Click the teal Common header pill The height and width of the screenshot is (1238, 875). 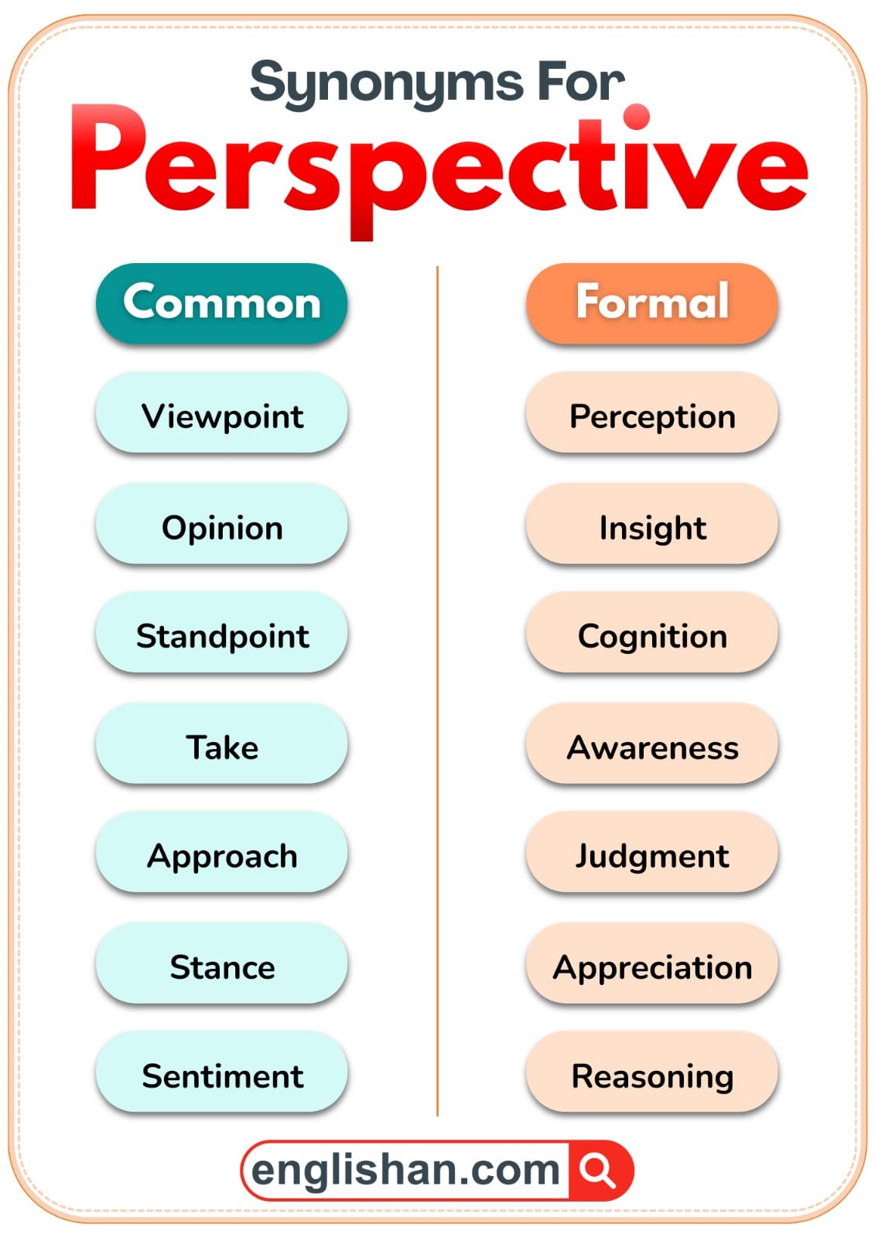[x=221, y=303]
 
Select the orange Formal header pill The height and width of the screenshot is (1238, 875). [x=651, y=303]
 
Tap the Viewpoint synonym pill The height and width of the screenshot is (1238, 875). [x=221, y=416]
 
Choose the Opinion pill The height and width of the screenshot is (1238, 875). [x=221, y=527]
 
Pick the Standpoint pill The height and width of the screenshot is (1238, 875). [x=221, y=635]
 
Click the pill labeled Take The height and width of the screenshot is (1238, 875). [x=221, y=747]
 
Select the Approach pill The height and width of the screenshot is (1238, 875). [x=221, y=855]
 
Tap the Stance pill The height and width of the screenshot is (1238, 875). [x=221, y=966]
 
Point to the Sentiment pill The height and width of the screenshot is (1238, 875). [x=221, y=1075]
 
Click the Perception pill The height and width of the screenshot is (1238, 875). [x=651, y=416]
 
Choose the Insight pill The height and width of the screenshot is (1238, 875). [x=651, y=527]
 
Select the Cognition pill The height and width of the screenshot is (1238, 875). [x=651, y=635]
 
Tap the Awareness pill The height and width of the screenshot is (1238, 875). [x=651, y=747]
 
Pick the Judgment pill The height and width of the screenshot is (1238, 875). [x=651, y=855]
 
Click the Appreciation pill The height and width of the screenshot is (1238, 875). [x=651, y=966]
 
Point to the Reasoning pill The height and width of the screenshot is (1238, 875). [x=651, y=1075]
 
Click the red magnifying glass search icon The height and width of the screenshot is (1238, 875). [x=598, y=1170]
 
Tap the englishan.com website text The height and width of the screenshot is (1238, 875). [x=405, y=1170]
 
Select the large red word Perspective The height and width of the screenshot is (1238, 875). [x=438, y=166]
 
